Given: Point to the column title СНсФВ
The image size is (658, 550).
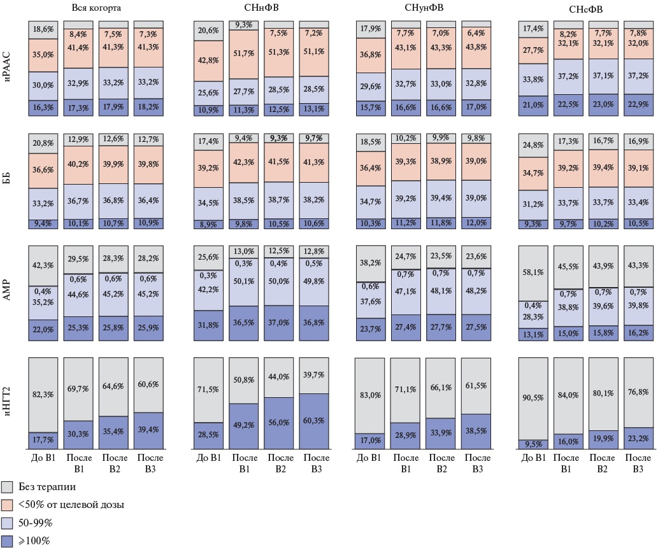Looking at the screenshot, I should coord(584,9).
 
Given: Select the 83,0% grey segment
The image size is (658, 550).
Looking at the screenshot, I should coord(370,395).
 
